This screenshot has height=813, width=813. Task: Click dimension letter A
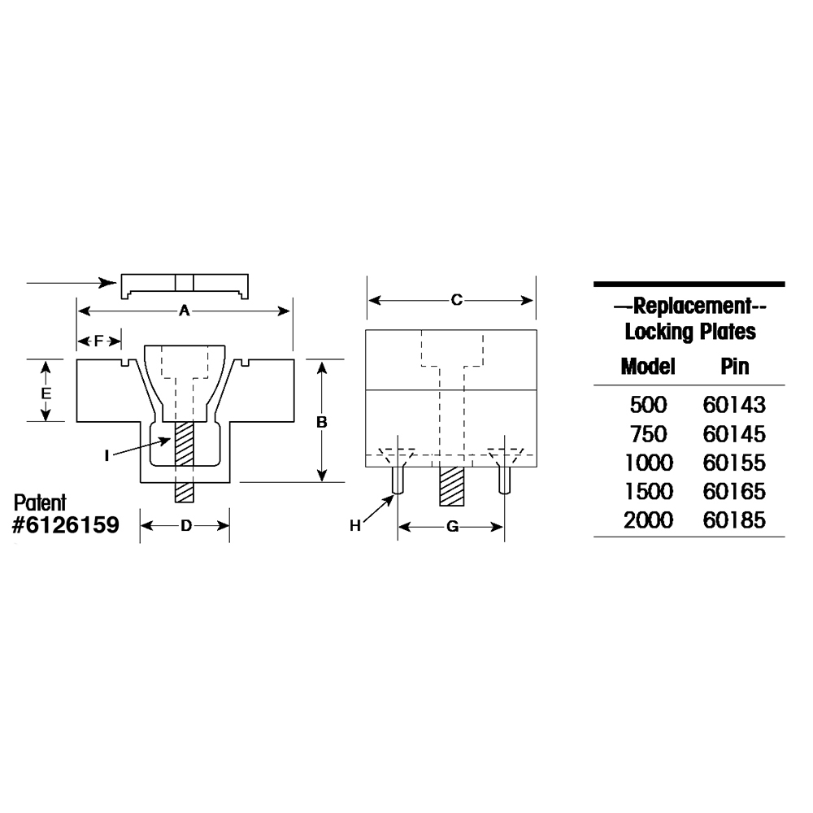click(x=184, y=311)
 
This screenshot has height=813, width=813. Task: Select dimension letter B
click(x=322, y=422)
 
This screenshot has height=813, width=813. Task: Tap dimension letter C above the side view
click(x=456, y=301)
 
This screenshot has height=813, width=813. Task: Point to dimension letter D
click(x=185, y=526)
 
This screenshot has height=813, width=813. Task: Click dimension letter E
click(x=46, y=392)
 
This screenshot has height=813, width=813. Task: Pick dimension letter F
click(x=98, y=341)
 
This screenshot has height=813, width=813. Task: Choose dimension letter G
click(x=453, y=527)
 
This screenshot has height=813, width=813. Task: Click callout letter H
click(x=354, y=526)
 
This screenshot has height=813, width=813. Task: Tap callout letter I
click(x=107, y=455)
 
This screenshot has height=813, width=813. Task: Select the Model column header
click(x=648, y=366)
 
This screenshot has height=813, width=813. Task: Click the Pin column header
click(x=734, y=366)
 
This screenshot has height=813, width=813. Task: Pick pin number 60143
click(x=734, y=404)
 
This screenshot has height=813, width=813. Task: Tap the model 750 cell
click(x=648, y=433)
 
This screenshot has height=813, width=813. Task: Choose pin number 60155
click(x=734, y=463)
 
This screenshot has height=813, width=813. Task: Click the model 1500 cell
click(x=648, y=492)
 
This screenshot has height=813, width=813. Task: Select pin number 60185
click(x=734, y=520)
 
